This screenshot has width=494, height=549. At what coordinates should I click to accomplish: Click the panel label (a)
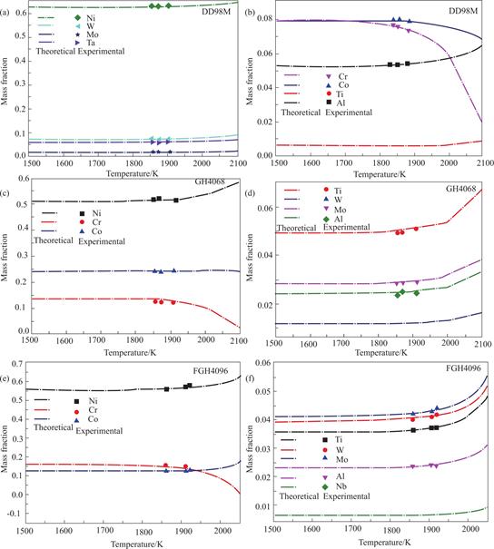click(5, 13)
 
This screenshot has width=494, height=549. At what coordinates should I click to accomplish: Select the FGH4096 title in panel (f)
click(463, 368)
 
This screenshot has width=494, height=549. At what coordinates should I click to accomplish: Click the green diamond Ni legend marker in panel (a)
click(77, 18)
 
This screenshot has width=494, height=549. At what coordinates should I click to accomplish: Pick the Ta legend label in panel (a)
click(91, 43)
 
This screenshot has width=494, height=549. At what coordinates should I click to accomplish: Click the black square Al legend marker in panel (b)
click(329, 103)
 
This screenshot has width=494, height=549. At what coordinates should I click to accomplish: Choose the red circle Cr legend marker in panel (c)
click(82, 222)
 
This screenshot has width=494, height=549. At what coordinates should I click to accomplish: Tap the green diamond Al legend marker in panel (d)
click(326, 220)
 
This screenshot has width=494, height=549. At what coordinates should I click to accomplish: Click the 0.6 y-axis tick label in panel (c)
click(24, 179)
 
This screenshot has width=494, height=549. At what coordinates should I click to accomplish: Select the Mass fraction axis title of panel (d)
click(250, 258)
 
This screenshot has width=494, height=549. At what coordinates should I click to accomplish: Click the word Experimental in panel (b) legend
click(349, 113)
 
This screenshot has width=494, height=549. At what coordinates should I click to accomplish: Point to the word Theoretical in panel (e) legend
click(54, 427)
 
